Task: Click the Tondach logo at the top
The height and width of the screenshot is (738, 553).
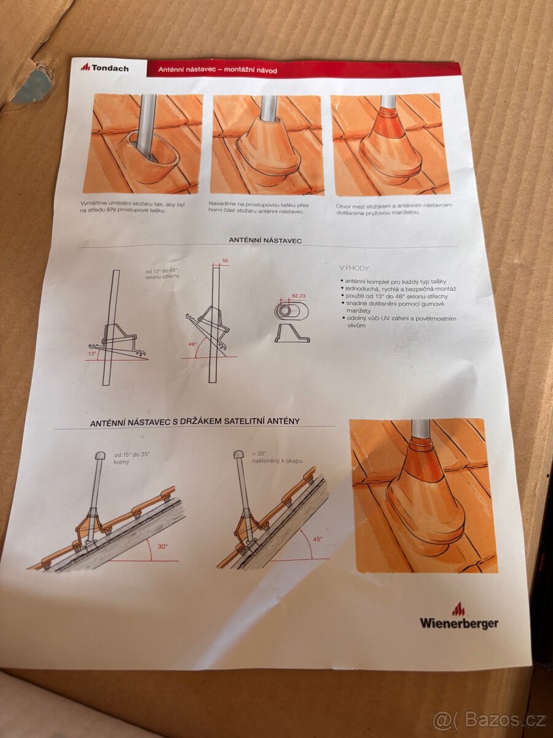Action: click(104, 68)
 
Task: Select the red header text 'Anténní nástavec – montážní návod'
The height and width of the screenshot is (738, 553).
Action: click(218, 70)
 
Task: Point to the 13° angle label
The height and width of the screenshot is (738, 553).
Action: click(92, 354)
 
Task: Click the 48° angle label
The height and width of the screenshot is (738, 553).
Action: click(192, 344)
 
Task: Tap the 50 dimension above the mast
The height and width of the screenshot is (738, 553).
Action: click(225, 261)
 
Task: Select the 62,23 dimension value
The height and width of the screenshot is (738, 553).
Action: click(299, 295)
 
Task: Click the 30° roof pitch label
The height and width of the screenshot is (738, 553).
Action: click(163, 546)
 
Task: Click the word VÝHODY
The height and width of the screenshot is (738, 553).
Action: click(355, 268)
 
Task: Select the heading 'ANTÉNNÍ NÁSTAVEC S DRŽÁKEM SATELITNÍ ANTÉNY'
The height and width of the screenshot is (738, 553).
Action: click(195, 422)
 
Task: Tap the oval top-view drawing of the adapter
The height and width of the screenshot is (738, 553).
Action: click(291, 311)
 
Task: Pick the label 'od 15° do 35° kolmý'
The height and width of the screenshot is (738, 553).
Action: click(132, 459)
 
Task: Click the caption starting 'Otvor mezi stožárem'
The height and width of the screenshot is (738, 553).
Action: click(393, 208)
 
